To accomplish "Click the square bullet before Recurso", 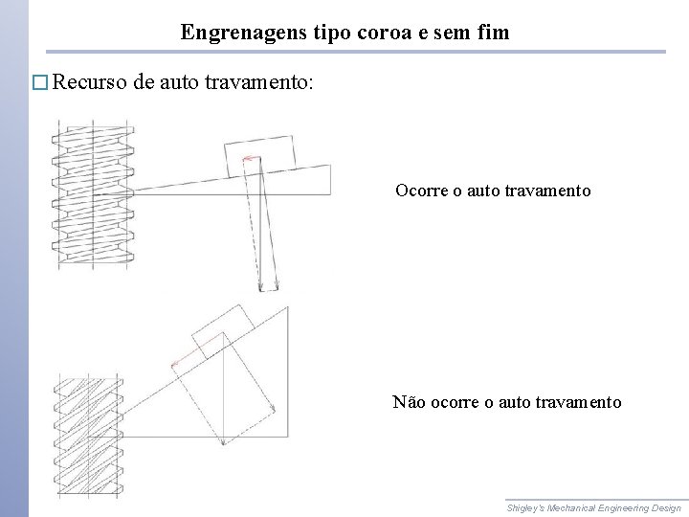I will pos(39,82).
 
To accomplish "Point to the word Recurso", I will pos(91,82).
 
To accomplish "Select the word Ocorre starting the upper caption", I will pos(422,191).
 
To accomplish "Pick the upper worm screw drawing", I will pos(92,191).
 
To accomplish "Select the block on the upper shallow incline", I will pos(259,154).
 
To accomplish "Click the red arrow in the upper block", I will pos(251,158).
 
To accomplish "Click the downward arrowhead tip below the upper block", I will pos(260,290).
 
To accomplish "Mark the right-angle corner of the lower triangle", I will pos(288,437).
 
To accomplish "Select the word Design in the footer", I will pos(664,507).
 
